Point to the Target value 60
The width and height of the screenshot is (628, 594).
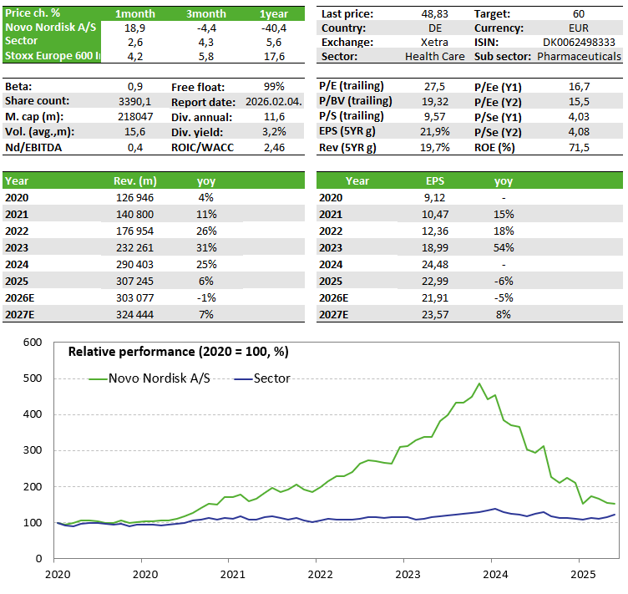pyautogui.click(x=579, y=14)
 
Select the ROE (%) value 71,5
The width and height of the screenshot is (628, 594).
pyautogui.click(x=579, y=147)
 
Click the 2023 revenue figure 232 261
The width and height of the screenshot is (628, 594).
pyautogui.click(x=134, y=248)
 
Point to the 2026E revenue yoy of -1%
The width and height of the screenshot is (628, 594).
pyautogui.click(x=205, y=298)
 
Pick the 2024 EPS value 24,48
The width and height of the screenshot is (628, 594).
pyautogui.click(x=435, y=265)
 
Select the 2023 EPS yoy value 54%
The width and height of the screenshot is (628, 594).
pyautogui.click(x=504, y=248)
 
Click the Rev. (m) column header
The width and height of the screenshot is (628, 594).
pyautogui.click(x=134, y=180)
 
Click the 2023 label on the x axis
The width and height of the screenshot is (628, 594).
pyautogui.click(x=408, y=575)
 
